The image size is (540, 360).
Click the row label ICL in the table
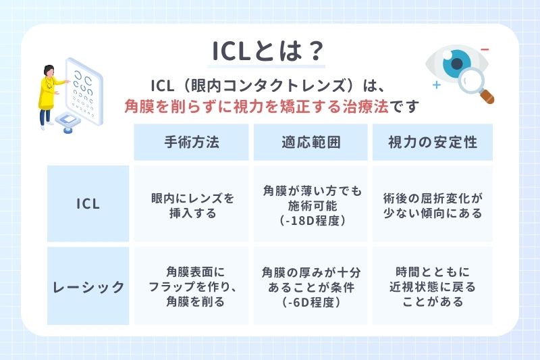point(88,204)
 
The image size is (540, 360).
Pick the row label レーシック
point(88,286)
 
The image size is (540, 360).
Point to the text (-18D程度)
point(311,221)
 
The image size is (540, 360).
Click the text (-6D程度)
point(311,303)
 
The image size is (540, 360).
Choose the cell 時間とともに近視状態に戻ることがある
point(432,287)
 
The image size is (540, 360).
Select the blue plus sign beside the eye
point(437,86)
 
